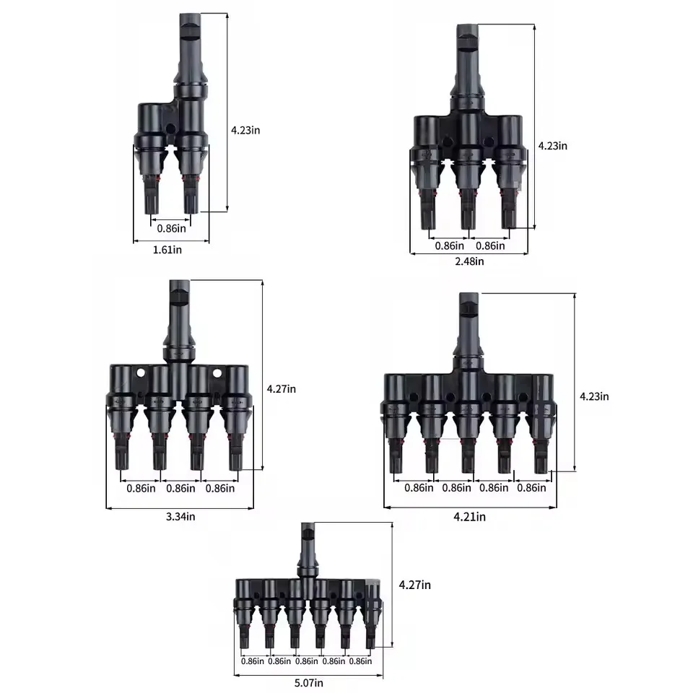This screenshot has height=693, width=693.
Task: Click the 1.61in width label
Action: [168, 250]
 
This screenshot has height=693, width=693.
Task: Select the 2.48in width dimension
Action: [469, 261]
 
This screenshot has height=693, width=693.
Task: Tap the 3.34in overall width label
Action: [180, 516]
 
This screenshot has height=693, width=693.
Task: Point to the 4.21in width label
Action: [470, 516]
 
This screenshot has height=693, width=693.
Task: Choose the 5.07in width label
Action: [309, 682]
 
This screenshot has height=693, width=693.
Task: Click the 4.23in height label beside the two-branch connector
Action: [245, 131]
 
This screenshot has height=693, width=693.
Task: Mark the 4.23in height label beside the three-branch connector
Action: [553, 146]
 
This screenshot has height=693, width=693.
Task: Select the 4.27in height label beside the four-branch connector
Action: [282, 389]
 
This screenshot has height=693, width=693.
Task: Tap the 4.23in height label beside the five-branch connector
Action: [594, 396]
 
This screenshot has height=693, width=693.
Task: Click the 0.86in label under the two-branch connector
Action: [171, 228]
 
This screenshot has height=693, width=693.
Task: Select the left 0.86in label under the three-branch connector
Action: [449, 245]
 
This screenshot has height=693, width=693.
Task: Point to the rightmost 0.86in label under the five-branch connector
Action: [531, 488]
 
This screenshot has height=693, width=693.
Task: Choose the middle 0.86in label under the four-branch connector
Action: [180, 488]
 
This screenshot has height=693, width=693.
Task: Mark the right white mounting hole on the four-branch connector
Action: [216, 374]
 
